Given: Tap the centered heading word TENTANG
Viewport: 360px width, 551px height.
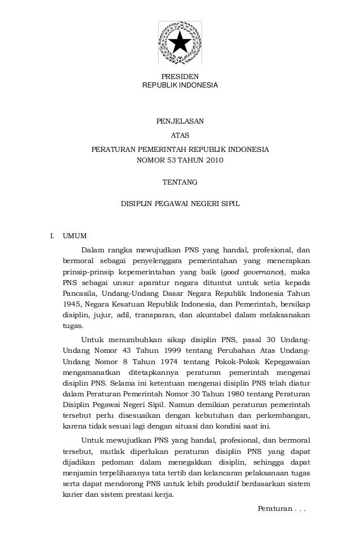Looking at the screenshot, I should (180, 182).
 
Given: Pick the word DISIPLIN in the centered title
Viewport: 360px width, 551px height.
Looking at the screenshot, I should (137, 202).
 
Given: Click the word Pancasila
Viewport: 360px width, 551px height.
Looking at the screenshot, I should (79, 294).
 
